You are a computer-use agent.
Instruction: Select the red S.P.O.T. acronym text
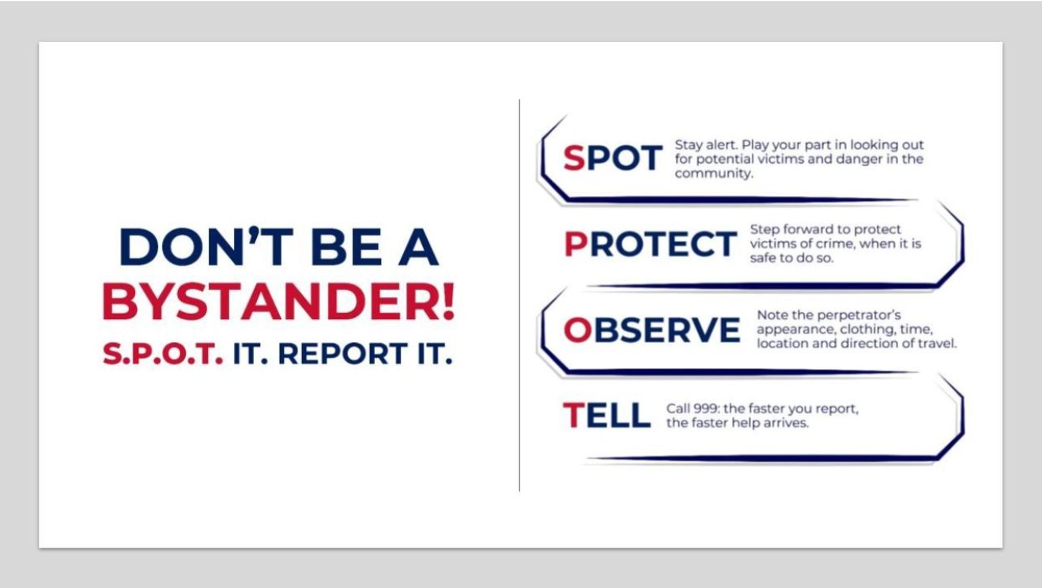162,354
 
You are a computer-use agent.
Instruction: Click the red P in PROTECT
575,245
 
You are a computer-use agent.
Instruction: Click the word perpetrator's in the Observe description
856,315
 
